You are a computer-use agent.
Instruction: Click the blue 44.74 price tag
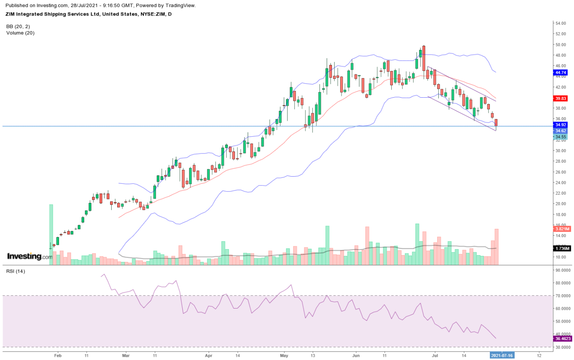(560, 73)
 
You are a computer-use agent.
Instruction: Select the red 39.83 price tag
(560, 98)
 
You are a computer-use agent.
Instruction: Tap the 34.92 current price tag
(560, 125)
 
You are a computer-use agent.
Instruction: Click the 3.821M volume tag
(562, 229)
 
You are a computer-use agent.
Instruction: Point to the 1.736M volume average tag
(562, 248)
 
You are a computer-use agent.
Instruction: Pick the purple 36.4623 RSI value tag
(562, 338)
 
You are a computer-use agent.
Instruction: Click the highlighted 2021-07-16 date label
(501, 356)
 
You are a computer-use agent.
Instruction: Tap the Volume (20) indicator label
(20, 33)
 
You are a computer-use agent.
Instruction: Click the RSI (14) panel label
(16, 271)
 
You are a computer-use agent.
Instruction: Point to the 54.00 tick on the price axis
(560, 24)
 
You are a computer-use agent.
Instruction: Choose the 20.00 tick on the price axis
(560, 204)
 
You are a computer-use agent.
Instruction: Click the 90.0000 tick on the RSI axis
(562, 270)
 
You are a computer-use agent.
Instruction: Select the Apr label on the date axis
(208, 356)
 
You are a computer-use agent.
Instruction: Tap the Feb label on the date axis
(58, 356)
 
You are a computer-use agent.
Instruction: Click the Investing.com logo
(30, 256)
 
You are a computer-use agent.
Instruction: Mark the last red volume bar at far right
(497, 247)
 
